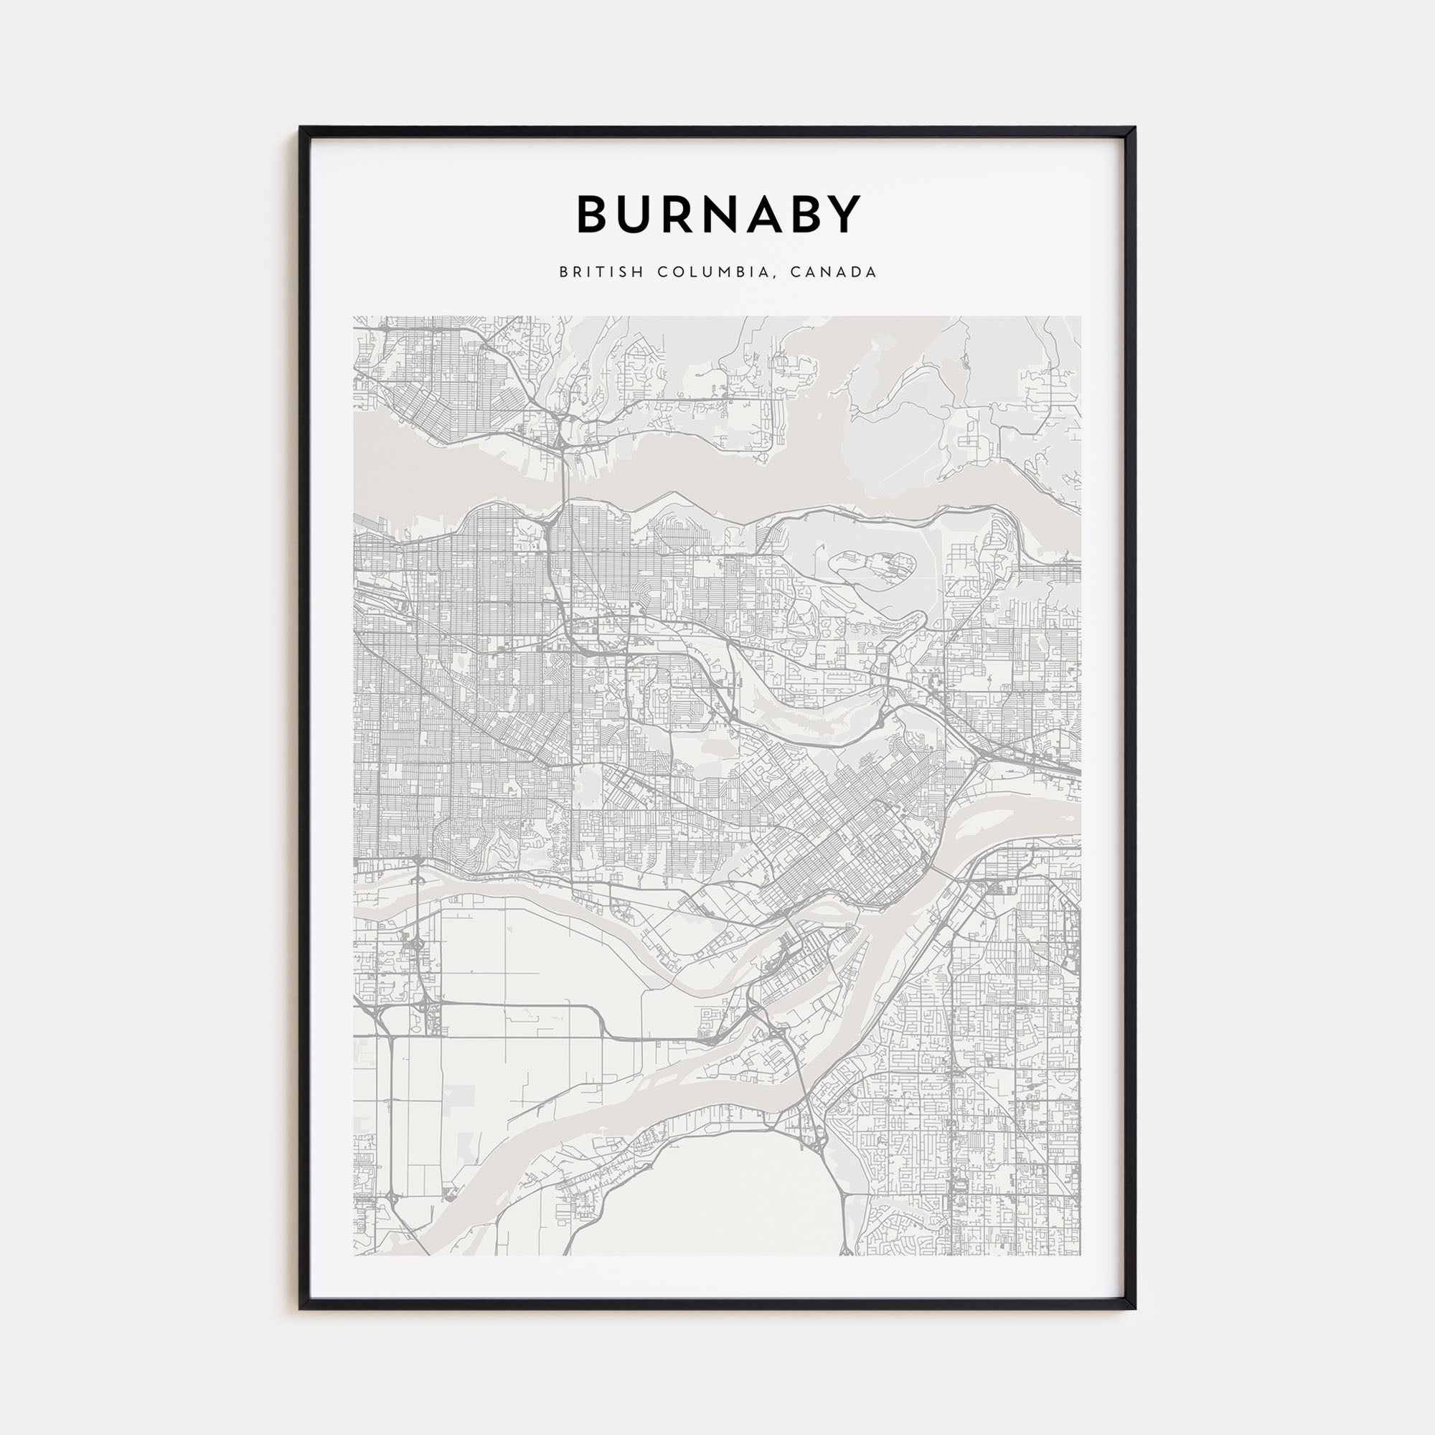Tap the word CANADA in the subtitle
(833, 273)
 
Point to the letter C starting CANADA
(796, 273)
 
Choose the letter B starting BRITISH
(564, 273)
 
